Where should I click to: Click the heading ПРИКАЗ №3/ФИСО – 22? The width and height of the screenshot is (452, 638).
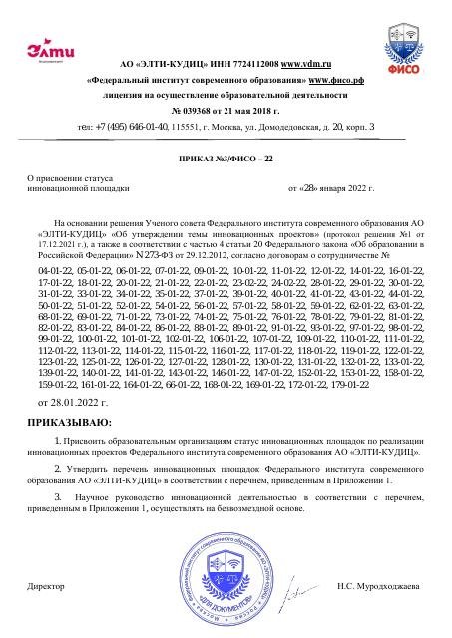point(225,159)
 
